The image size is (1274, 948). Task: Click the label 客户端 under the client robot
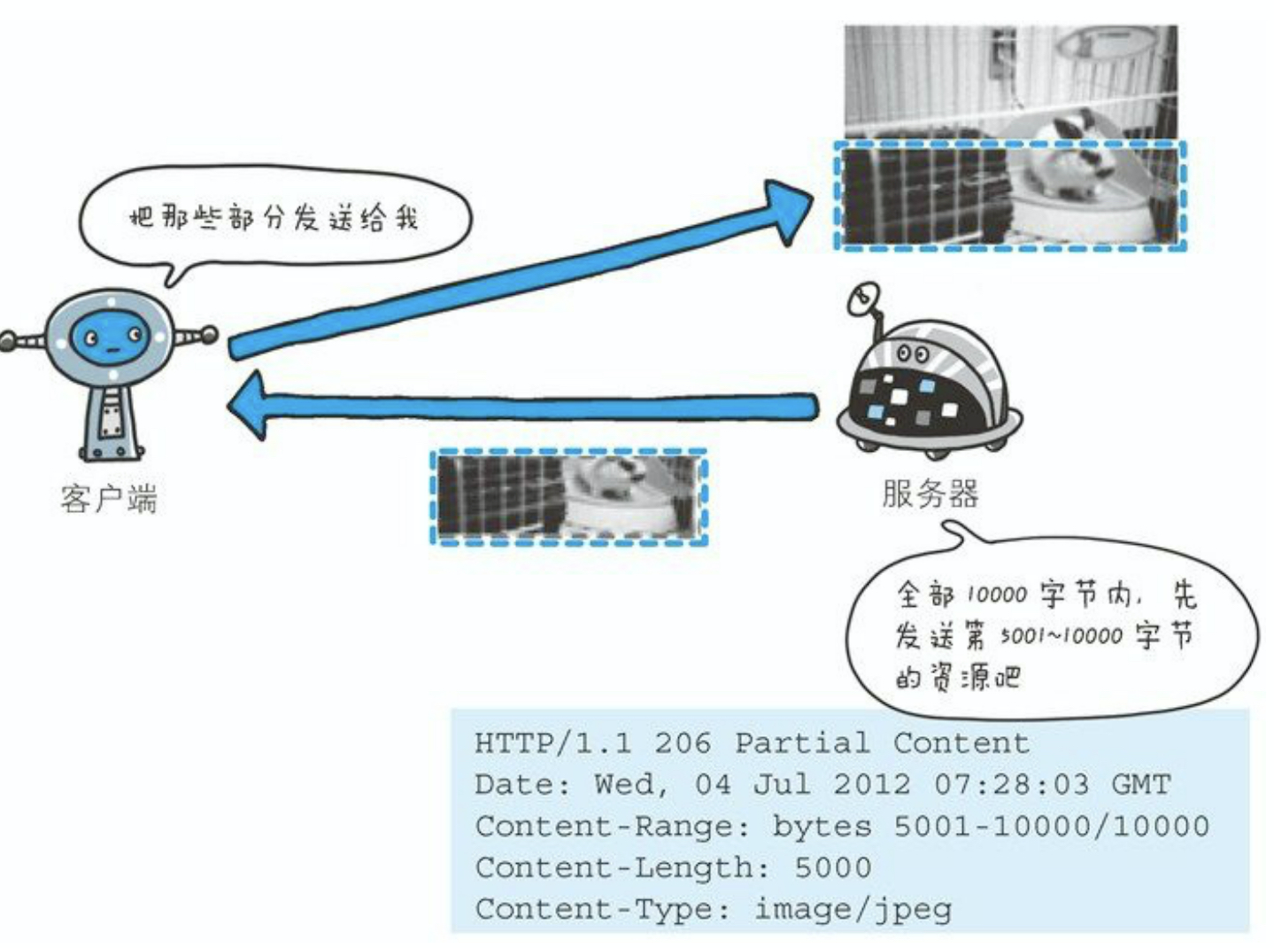pyautogui.click(x=108, y=499)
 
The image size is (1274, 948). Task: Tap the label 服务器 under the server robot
pyautogui.click(x=930, y=493)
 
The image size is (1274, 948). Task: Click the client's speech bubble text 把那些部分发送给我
pyautogui.click(x=274, y=217)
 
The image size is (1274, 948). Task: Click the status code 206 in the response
pyautogui.click(x=682, y=742)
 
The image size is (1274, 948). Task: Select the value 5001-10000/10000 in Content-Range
pyautogui.click(x=1051, y=826)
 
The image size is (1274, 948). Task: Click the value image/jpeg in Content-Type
pyautogui.click(x=853, y=909)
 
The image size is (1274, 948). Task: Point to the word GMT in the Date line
pyautogui.click(x=1140, y=784)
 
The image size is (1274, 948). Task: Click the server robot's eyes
pyautogui.click(x=913, y=354)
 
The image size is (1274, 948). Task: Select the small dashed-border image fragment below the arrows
pyautogui.click(x=568, y=497)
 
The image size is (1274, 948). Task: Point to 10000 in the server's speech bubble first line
pyautogui.click(x=996, y=594)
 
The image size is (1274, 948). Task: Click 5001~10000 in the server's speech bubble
pyautogui.click(x=1061, y=636)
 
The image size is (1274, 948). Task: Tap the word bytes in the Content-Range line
pyautogui.click(x=821, y=826)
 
